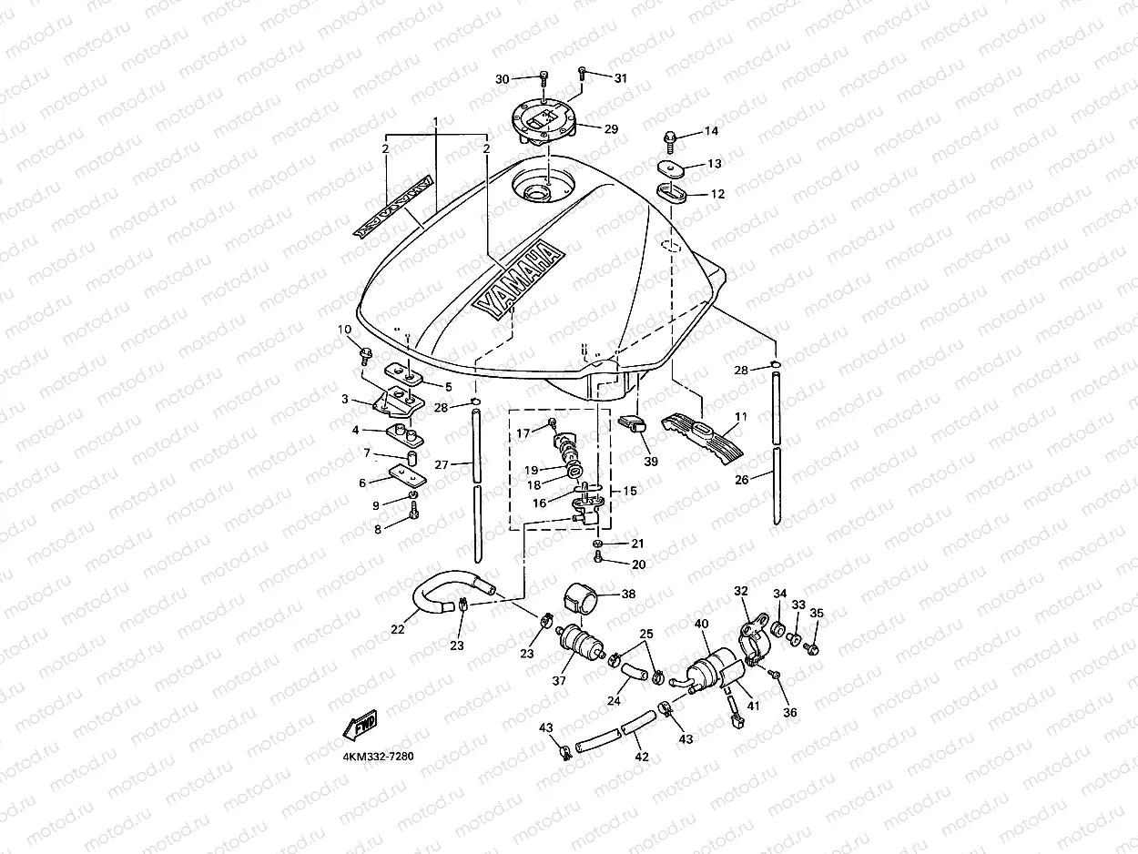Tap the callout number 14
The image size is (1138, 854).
coord(711,132)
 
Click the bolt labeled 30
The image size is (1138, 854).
coord(544,79)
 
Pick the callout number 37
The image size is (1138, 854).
coord(559,681)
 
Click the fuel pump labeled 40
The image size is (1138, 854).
coord(716,669)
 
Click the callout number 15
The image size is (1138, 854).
coord(630,491)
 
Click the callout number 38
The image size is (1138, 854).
coord(627,594)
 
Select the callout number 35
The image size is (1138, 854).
coord(817,614)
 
